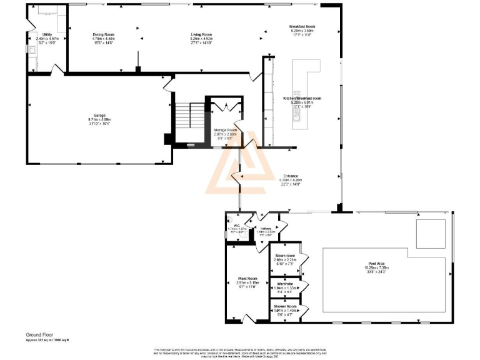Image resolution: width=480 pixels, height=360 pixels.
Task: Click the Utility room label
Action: coord(47,34)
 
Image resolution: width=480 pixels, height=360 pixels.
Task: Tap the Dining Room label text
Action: coord(104,34)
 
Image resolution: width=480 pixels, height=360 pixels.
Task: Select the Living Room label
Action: coord(201,34)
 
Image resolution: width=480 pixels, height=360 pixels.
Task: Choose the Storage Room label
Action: coord(225,130)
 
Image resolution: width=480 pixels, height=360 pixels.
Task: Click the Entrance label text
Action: coord(291,176)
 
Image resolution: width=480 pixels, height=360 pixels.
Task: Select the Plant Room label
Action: coord(247,278)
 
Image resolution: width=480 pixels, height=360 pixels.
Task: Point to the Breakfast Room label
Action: coord(302,26)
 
